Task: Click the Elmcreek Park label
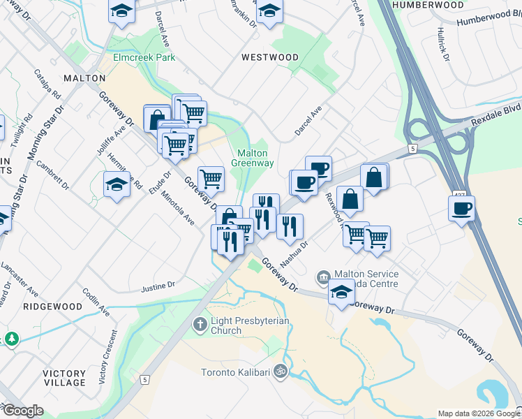[x=145, y=58]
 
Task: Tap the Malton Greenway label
[x=253, y=158]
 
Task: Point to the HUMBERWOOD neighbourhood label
[x=427, y=5]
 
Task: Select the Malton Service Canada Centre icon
[x=322, y=277]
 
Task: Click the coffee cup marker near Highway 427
[x=462, y=208]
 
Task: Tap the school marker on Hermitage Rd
[x=116, y=185]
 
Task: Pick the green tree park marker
[x=11, y=339]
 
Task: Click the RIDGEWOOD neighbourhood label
[x=52, y=307]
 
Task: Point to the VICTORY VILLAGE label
[x=64, y=378]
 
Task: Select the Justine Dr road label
[x=158, y=286]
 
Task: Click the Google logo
[x=23, y=411]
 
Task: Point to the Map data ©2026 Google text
[x=478, y=413]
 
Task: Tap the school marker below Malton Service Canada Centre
[x=341, y=293]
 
